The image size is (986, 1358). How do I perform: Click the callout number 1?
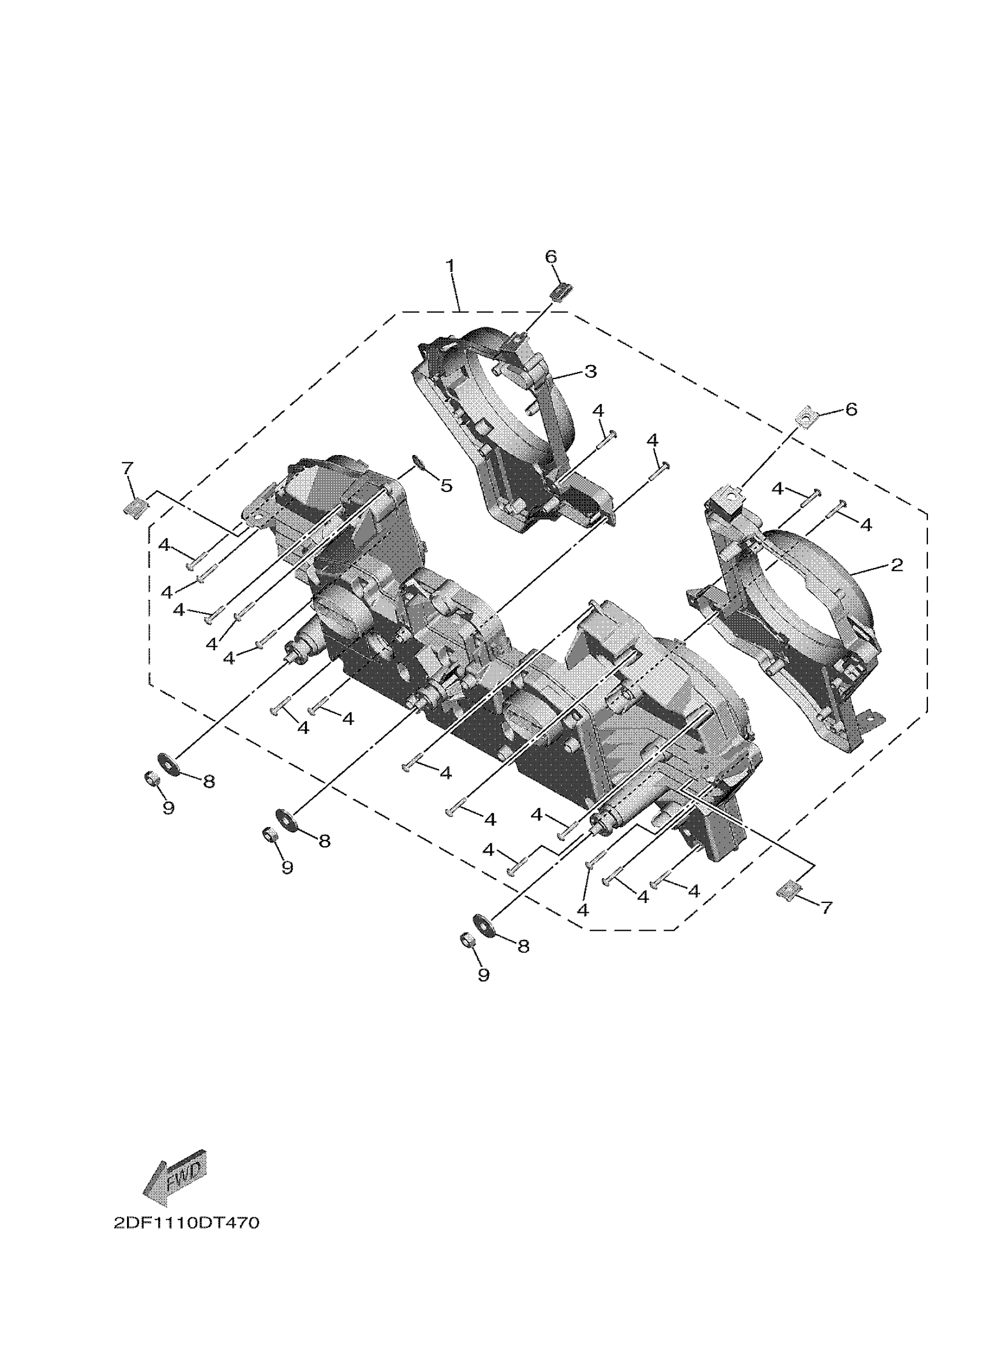pos(451,265)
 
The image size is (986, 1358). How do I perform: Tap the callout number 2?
pos(896,564)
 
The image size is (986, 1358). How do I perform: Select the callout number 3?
pos(590,372)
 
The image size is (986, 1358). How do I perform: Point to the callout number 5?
pos(446,486)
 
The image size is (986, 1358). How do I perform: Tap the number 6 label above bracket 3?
pos(551,256)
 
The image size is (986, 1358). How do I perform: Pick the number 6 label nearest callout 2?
pos(851,410)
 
